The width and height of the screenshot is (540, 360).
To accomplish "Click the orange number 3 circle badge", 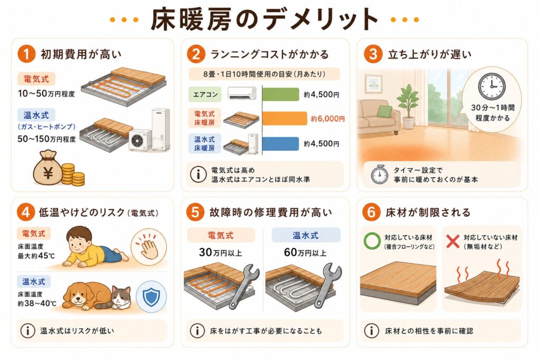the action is pyautogui.click(x=373, y=54).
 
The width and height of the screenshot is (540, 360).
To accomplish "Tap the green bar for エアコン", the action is pyautogui.click(x=281, y=94).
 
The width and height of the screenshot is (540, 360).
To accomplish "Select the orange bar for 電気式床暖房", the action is pyautogui.click(x=284, y=119).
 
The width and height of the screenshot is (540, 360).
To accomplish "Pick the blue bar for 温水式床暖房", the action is pyautogui.click(x=281, y=144).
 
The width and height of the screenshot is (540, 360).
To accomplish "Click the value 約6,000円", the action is pyautogui.click(x=327, y=119).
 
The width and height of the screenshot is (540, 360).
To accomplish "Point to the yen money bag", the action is pyautogui.click(x=47, y=168).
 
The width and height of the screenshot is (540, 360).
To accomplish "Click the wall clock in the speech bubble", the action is pyautogui.click(x=492, y=86).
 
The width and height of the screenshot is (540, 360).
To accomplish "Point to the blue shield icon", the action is pyautogui.click(x=151, y=297).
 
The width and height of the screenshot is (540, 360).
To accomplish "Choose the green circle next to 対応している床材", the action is pyautogui.click(x=372, y=241).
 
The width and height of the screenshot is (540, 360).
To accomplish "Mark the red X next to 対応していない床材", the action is pyautogui.click(x=452, y=241).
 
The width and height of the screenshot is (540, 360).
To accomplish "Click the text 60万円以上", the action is pyautogui.click(x=305, y=252).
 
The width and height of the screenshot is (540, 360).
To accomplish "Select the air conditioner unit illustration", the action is pyautogui.click(x=242, y=93).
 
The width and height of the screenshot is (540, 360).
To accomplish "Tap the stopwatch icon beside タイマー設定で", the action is pyautogui.click(x=380, y=174).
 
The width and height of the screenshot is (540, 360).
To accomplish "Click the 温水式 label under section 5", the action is pyautogui.click(x=305, y=236).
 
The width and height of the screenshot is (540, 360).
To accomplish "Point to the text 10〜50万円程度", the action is pyautogui.click(x=46, y=93).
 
